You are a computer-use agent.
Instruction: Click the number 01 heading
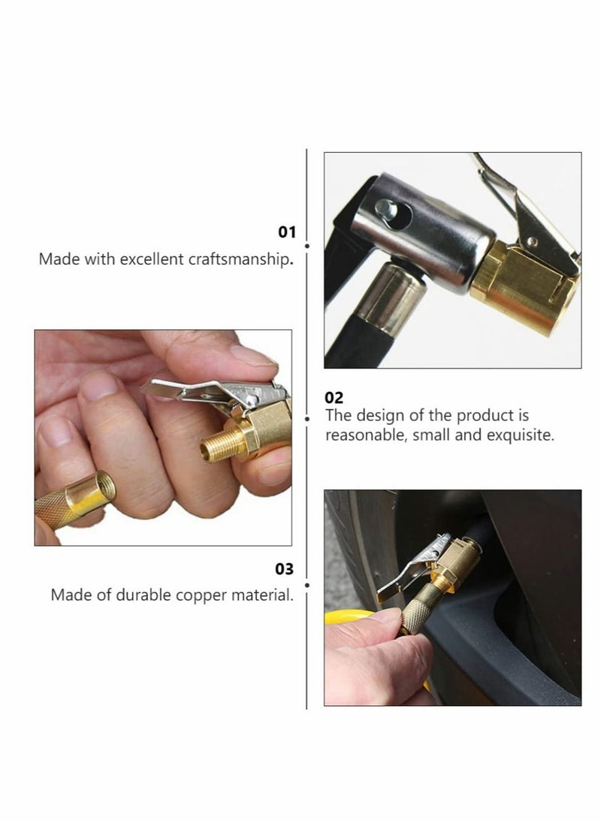(x=287, y=232)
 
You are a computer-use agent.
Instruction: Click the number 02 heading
(x=334, y=398)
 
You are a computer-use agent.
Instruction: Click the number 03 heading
(x=285, y=569)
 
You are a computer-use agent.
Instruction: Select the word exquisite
(x=520, y=435)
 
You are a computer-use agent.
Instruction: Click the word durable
(x=146, y=595)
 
